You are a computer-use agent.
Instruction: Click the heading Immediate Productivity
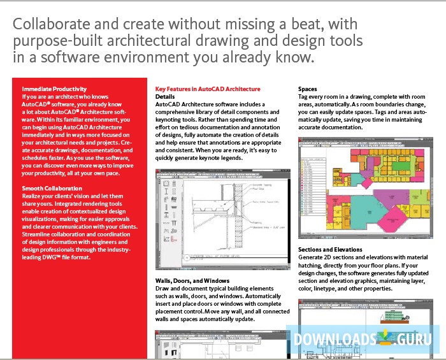(54, 89)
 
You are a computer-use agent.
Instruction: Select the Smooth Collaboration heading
(52, 189)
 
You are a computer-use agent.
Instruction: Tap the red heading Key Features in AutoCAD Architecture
(208, 89)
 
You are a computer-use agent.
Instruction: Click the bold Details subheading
(166, 96)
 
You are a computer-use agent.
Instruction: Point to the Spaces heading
(308, 89)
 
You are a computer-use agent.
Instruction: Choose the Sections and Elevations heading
(330, 250)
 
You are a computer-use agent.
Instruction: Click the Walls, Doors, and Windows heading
(192, 280)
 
